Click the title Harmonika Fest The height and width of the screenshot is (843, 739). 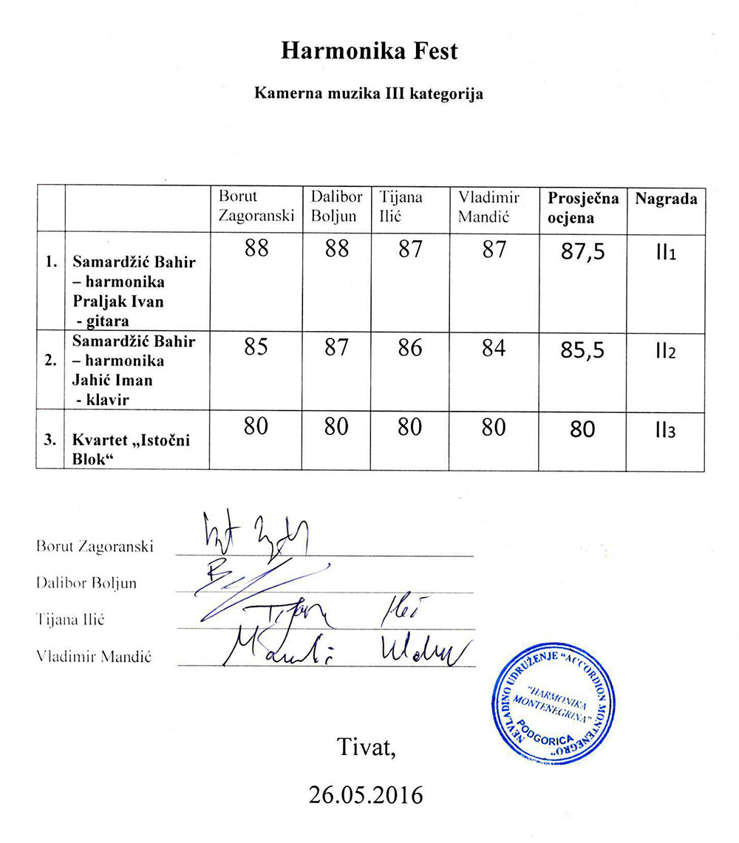(x=369, y=52)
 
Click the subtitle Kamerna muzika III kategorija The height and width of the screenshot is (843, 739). (x=369, y=95)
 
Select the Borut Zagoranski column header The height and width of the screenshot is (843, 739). (x=256, y=207)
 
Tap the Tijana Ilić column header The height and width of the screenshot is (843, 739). (x=401, y=207)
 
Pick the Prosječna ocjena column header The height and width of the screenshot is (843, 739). (x=583, y=208)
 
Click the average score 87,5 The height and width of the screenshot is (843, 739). (x=583, y=252)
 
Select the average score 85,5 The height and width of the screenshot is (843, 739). (x=583, y=349)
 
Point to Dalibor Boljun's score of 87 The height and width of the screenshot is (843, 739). (x=336, y=347)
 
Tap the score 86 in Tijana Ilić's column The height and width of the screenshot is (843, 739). (x=410, y=347)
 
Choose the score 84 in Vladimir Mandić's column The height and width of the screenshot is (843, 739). (x=493, y=347)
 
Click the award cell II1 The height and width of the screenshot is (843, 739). (x=665, y=253)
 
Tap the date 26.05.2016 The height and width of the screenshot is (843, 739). (x=367, y=795)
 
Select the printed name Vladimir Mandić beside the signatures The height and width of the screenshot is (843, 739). (x=94, y=656)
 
